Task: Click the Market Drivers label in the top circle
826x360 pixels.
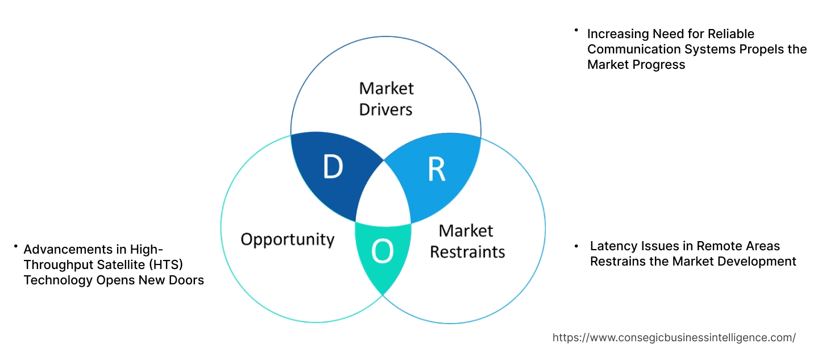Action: coord(386,98)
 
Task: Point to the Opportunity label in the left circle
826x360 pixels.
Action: coord(287,239)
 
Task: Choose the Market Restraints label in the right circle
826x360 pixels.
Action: coord(467,241)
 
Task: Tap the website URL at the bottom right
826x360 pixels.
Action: coord(674,337)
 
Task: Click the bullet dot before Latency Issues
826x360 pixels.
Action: coord(576,245)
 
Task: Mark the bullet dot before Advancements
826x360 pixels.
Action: coord(15,247)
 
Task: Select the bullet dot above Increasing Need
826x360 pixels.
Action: coord(576,30)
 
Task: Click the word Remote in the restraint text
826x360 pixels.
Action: coord(718,246)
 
